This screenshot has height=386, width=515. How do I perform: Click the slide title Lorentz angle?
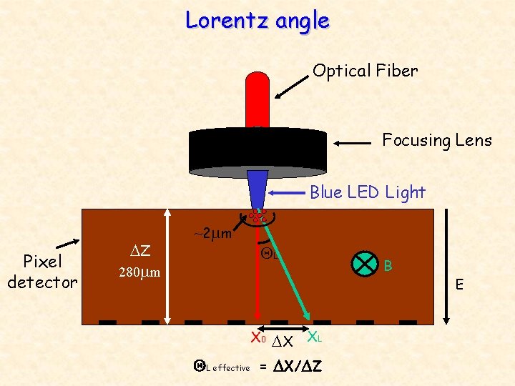[x=257, y=20]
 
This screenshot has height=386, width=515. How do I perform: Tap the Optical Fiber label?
[x=365, y=71]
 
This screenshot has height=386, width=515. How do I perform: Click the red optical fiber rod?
[x=257, y=100]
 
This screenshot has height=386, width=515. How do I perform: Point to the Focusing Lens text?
[x=437, y=140]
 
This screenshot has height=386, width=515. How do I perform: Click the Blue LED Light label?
[x=367, y=192]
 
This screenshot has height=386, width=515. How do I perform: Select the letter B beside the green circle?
[x=388, y=266]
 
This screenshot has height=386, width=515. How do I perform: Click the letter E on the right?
[x=461, y=286]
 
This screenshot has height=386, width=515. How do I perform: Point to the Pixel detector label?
[x=41, y=272]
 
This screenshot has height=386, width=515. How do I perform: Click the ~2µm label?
[x=212, y=234]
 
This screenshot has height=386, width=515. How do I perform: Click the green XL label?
[x=315, y=335]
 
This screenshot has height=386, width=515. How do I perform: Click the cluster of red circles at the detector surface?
[x=258, y=215]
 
